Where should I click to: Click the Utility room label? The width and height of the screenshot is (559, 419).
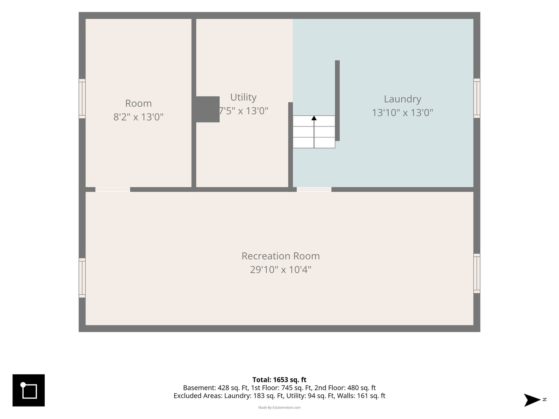(x=243, y=97)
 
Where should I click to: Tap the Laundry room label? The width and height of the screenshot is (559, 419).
(x=403, y=99)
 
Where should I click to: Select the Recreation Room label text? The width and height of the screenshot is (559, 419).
(x=280, y=256)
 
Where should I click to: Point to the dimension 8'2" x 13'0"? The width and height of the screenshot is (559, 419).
(x=138, y=117)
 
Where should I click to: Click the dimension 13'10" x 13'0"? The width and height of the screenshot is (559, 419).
(x=403, y=113)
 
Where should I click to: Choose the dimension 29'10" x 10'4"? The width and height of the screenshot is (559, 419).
(x=280, y=270)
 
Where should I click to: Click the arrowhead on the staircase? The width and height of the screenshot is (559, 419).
(x=314, y=118)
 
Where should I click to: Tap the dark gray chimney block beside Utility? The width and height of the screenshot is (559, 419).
(x=208, y=109)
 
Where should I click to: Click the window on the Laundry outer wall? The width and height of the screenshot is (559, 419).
(x=477, y=98)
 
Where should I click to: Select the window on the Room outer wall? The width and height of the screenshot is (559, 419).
(x=82, y=99)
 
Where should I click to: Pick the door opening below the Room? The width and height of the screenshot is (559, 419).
(x=113, y=190)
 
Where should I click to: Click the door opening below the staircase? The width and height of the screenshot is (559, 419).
(x=314, y=190)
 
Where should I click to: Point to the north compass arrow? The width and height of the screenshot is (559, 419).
(x=532, y=400)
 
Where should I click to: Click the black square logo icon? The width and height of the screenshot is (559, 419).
(x=28, y=391)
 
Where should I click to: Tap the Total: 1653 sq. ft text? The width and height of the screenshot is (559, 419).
(x=279, y=380)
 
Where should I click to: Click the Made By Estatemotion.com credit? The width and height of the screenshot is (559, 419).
(x=279, y=407)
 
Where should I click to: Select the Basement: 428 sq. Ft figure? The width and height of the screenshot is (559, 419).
(x=216, y=388)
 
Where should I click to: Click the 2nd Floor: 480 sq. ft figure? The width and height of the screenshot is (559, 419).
(x=345, y=388)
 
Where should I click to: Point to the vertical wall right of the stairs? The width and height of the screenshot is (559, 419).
(x=337, y=100)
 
